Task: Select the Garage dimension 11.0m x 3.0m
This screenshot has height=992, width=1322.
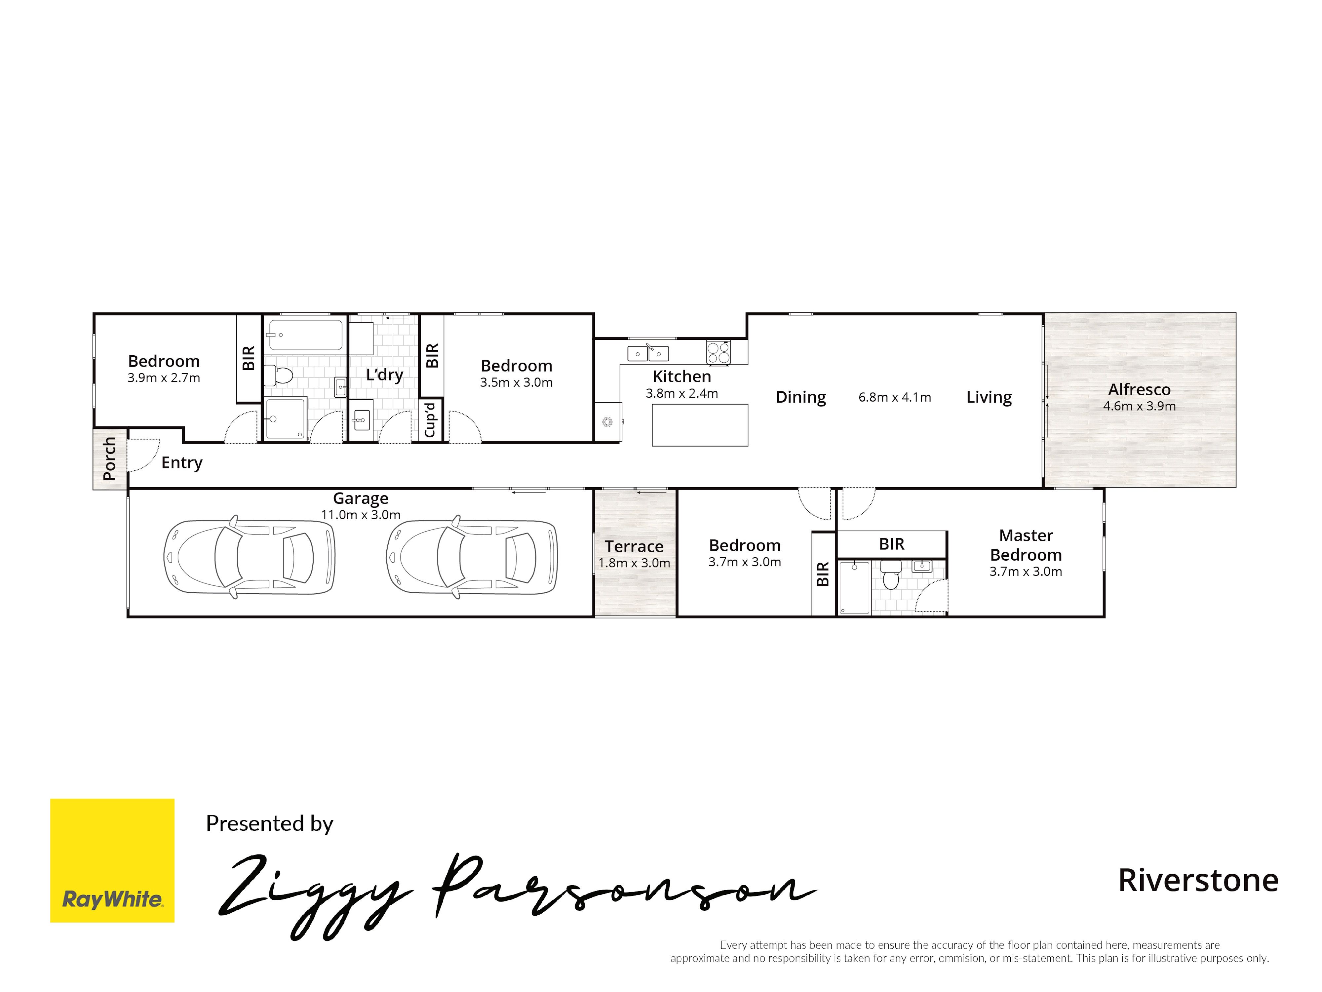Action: (x=360, y=515)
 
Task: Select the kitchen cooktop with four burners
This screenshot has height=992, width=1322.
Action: (x=719, y=352)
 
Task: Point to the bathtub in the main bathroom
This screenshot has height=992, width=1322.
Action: (x=305, y=335)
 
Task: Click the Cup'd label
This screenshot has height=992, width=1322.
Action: (x=430, y=419)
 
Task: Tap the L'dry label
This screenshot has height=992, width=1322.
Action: (x=384, y=375)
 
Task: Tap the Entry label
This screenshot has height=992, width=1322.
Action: (x=182, y=462)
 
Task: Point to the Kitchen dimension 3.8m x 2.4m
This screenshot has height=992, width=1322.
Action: (x=681, y=393)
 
